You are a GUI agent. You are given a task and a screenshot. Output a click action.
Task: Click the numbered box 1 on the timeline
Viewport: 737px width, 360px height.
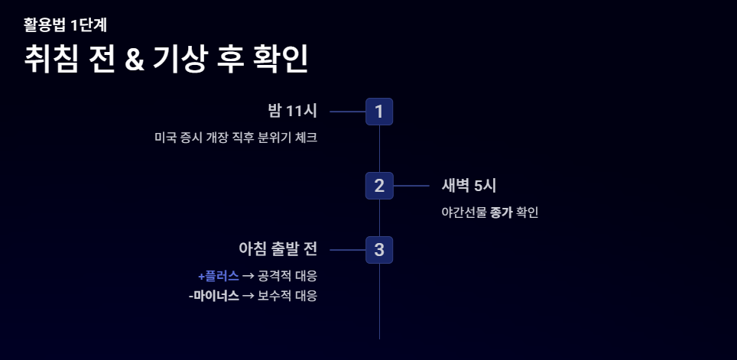pyautogui.click(x=379, y=112)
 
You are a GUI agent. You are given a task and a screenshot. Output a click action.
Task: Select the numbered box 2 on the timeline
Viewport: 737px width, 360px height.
pyautogui.click(x=379, y=185)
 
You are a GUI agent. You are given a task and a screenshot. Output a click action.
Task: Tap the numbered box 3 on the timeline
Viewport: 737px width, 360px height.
pyautogui.click(x=379, y=250)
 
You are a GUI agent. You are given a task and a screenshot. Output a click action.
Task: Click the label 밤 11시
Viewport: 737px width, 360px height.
pyautogui.click(x=292, y=111)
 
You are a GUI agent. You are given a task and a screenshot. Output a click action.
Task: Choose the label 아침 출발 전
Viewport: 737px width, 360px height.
pyautogui.click(x=278, y=249)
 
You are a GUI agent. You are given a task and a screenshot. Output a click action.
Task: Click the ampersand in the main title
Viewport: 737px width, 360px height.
pyautogui.click(x=135, y=60)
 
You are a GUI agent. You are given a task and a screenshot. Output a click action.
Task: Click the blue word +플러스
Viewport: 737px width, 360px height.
pyautogui.click(x=219, y=275)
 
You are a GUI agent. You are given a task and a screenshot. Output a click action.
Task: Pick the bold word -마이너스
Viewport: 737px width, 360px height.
pyautogui.click(x=213, y=295)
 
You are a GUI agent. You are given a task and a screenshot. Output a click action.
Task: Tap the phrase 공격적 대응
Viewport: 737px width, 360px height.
pyautogui.click(x=287, y=275)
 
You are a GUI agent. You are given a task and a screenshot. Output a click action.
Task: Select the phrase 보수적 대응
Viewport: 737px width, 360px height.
pyautogui.click(x=287, y=295)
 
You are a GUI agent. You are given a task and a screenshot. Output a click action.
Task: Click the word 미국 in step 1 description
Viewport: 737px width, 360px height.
pyautogui.click(x=165, y=138)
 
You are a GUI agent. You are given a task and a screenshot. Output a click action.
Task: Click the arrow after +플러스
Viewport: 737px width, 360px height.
pyautogui.click(x=248, y=275)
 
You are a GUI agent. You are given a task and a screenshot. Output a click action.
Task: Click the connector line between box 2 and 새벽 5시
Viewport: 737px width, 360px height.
pyautogui.click(x=411, y=185)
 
